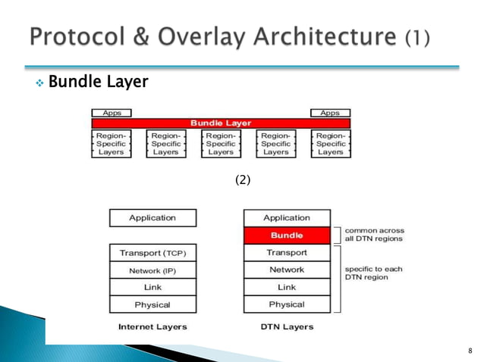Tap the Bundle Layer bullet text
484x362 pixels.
click(97, 80)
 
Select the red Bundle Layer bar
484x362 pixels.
click(221, 123)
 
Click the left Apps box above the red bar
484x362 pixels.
click(112, 113)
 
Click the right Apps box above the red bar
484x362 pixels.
click(330, 113)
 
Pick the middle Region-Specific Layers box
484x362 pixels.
click(221, 143)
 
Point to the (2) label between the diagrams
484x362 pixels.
click(242, 180)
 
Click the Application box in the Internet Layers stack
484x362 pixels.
click(152, 218)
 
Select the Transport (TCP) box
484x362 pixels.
click(152, 252)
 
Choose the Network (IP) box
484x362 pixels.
click(152, 270)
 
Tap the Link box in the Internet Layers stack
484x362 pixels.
click(152, 287)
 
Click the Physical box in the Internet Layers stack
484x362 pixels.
click(152, 304)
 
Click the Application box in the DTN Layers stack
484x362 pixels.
click(287, 218)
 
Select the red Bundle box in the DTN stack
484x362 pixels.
click(287, 236)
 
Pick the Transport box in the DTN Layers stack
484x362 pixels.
click(287, 252)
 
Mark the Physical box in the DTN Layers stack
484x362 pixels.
click(287, 304)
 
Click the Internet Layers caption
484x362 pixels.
click(152, 327)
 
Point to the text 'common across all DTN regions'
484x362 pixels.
click(375, 235)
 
